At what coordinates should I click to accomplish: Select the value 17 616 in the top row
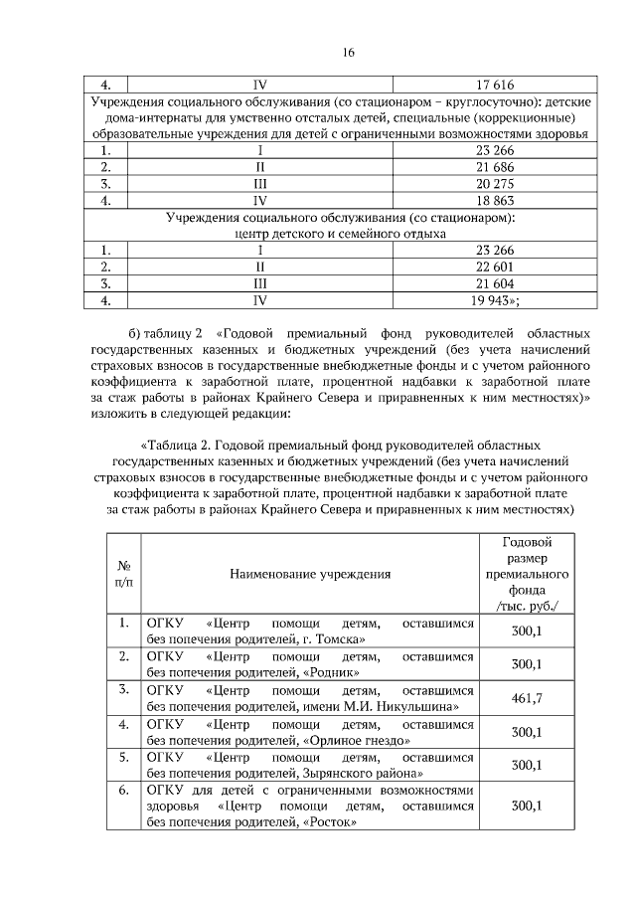click(x=495, y=86)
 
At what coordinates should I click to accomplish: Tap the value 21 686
click(x=495, y=166)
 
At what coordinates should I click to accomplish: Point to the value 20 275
click(x=495, y=183)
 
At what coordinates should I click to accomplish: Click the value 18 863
click(x=495, y=200)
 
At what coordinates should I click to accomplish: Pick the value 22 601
click(x=495, y=266)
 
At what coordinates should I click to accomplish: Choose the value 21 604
click(x=495, y=281)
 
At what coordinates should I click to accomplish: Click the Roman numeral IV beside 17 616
click(x=260, y=86)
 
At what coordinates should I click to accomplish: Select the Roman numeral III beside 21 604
click(x=260, y=281)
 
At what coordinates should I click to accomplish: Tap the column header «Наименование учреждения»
click(x=310, y=574)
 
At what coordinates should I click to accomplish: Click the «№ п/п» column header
click(x=124, y=574)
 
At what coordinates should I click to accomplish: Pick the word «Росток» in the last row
click(x=329, y=822)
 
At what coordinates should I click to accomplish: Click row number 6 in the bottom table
click(x=124, y=791)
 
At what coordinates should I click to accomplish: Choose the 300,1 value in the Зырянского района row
click(x=526, y=766)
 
